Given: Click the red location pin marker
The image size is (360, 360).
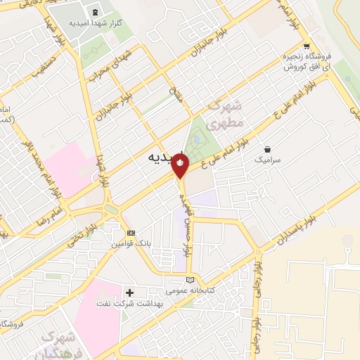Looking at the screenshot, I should tap(181, 166).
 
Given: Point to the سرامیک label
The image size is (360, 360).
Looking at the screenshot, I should tap(267, 160).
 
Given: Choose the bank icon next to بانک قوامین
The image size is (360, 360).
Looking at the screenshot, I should tap(130, 233).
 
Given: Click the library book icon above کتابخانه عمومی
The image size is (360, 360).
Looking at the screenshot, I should tap(189, 280).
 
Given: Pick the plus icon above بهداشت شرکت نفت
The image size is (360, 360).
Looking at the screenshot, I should tap(129, 292).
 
